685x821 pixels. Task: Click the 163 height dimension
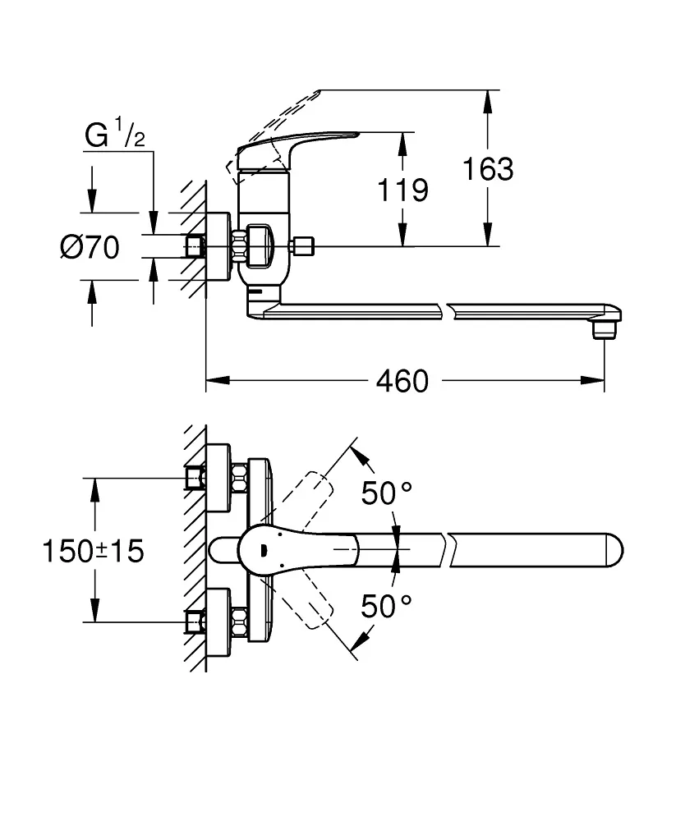pyautogui.click(x=487, y=169)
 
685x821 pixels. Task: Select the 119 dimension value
pyautogui.click(x=402, y=190)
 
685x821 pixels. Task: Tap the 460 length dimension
pyautogui.click(x=402, y=380)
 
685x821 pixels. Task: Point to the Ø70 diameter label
pyautogui.click(x=90, y=246)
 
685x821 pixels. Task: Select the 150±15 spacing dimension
pyautogui.click(x=93, y=551)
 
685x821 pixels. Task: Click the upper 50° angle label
pyautogui.click(x=387, y=493)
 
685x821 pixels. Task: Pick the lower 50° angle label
pyautogui.click(x=387, y=607)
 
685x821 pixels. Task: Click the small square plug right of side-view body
pyautogui.click(x=303, y=245)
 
